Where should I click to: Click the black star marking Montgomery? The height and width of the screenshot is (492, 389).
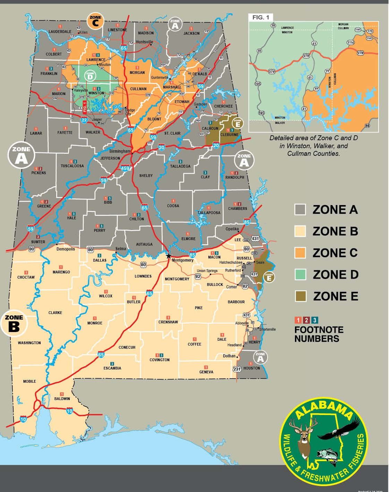point(169,256)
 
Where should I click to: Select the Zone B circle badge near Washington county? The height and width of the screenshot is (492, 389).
point(14,323)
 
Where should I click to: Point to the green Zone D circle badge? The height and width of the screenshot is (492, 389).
point(90,76)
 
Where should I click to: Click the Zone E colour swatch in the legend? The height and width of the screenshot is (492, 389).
point(301,296)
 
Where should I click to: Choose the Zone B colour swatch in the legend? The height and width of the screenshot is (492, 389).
point(300,231)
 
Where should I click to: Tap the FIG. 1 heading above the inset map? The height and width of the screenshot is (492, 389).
point(261,17)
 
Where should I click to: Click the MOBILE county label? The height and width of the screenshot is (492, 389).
point(29,381)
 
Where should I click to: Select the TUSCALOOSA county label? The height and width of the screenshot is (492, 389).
point(72,166)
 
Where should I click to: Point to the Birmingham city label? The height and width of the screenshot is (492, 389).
point(120,151)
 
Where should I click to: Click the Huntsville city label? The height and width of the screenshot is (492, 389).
point(144,42)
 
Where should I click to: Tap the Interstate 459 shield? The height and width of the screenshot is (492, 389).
point(125,168)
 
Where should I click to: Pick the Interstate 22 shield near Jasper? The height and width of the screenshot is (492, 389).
point(84,120)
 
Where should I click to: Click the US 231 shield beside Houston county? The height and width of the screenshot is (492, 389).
point(237,369)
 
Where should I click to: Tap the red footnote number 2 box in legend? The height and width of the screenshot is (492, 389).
point(306,320)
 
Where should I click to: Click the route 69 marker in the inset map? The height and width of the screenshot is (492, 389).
point(367,126)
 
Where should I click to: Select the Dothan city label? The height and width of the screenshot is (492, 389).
point(229,356)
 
